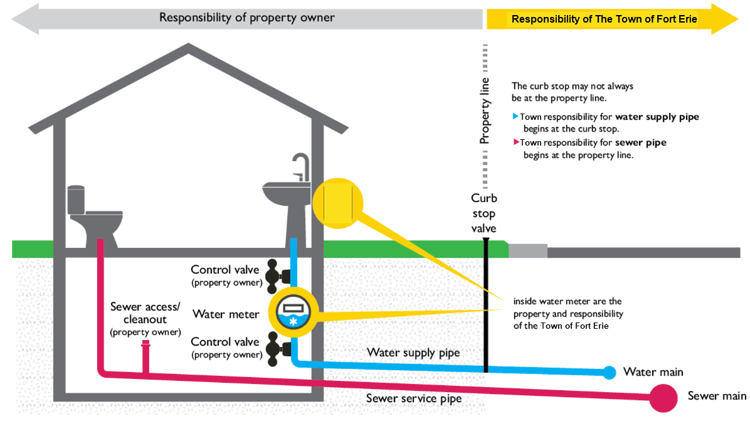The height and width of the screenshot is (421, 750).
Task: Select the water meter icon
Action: pos(293,312)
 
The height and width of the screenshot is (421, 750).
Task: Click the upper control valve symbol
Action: pos(277,276)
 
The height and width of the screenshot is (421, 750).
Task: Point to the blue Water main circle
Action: pos(609,372)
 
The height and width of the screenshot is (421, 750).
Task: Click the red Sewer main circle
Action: pos(663,398)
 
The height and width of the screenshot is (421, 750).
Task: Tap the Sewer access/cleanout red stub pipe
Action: pos(145,356)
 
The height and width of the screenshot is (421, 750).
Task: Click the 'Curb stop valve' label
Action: pos(483,213)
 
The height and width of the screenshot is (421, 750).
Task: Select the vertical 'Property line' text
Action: pos(485,111)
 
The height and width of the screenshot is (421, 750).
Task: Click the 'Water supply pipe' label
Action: pos(413,353)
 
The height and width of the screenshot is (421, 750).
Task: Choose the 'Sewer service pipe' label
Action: pos(414,398)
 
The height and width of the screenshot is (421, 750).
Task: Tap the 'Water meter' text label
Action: pos(226,314)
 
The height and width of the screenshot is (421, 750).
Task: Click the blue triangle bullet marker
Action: pos(515,116)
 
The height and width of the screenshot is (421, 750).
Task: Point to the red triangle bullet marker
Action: pos(515,142)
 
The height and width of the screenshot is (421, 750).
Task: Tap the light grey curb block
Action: pos(527,251)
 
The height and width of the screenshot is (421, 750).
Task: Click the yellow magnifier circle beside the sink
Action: pos(338,203)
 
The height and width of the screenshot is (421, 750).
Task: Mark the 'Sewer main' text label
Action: pos(717,396)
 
